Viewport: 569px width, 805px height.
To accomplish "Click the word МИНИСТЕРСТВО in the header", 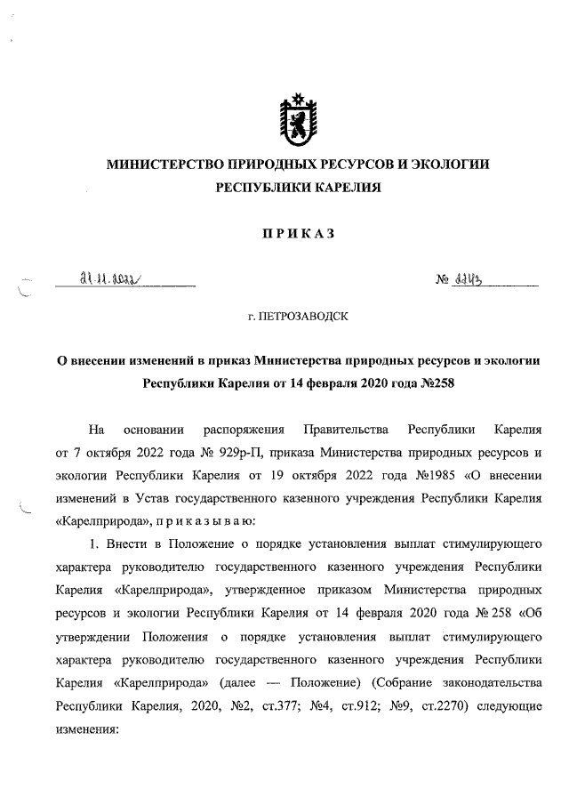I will tap(163, 165).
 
